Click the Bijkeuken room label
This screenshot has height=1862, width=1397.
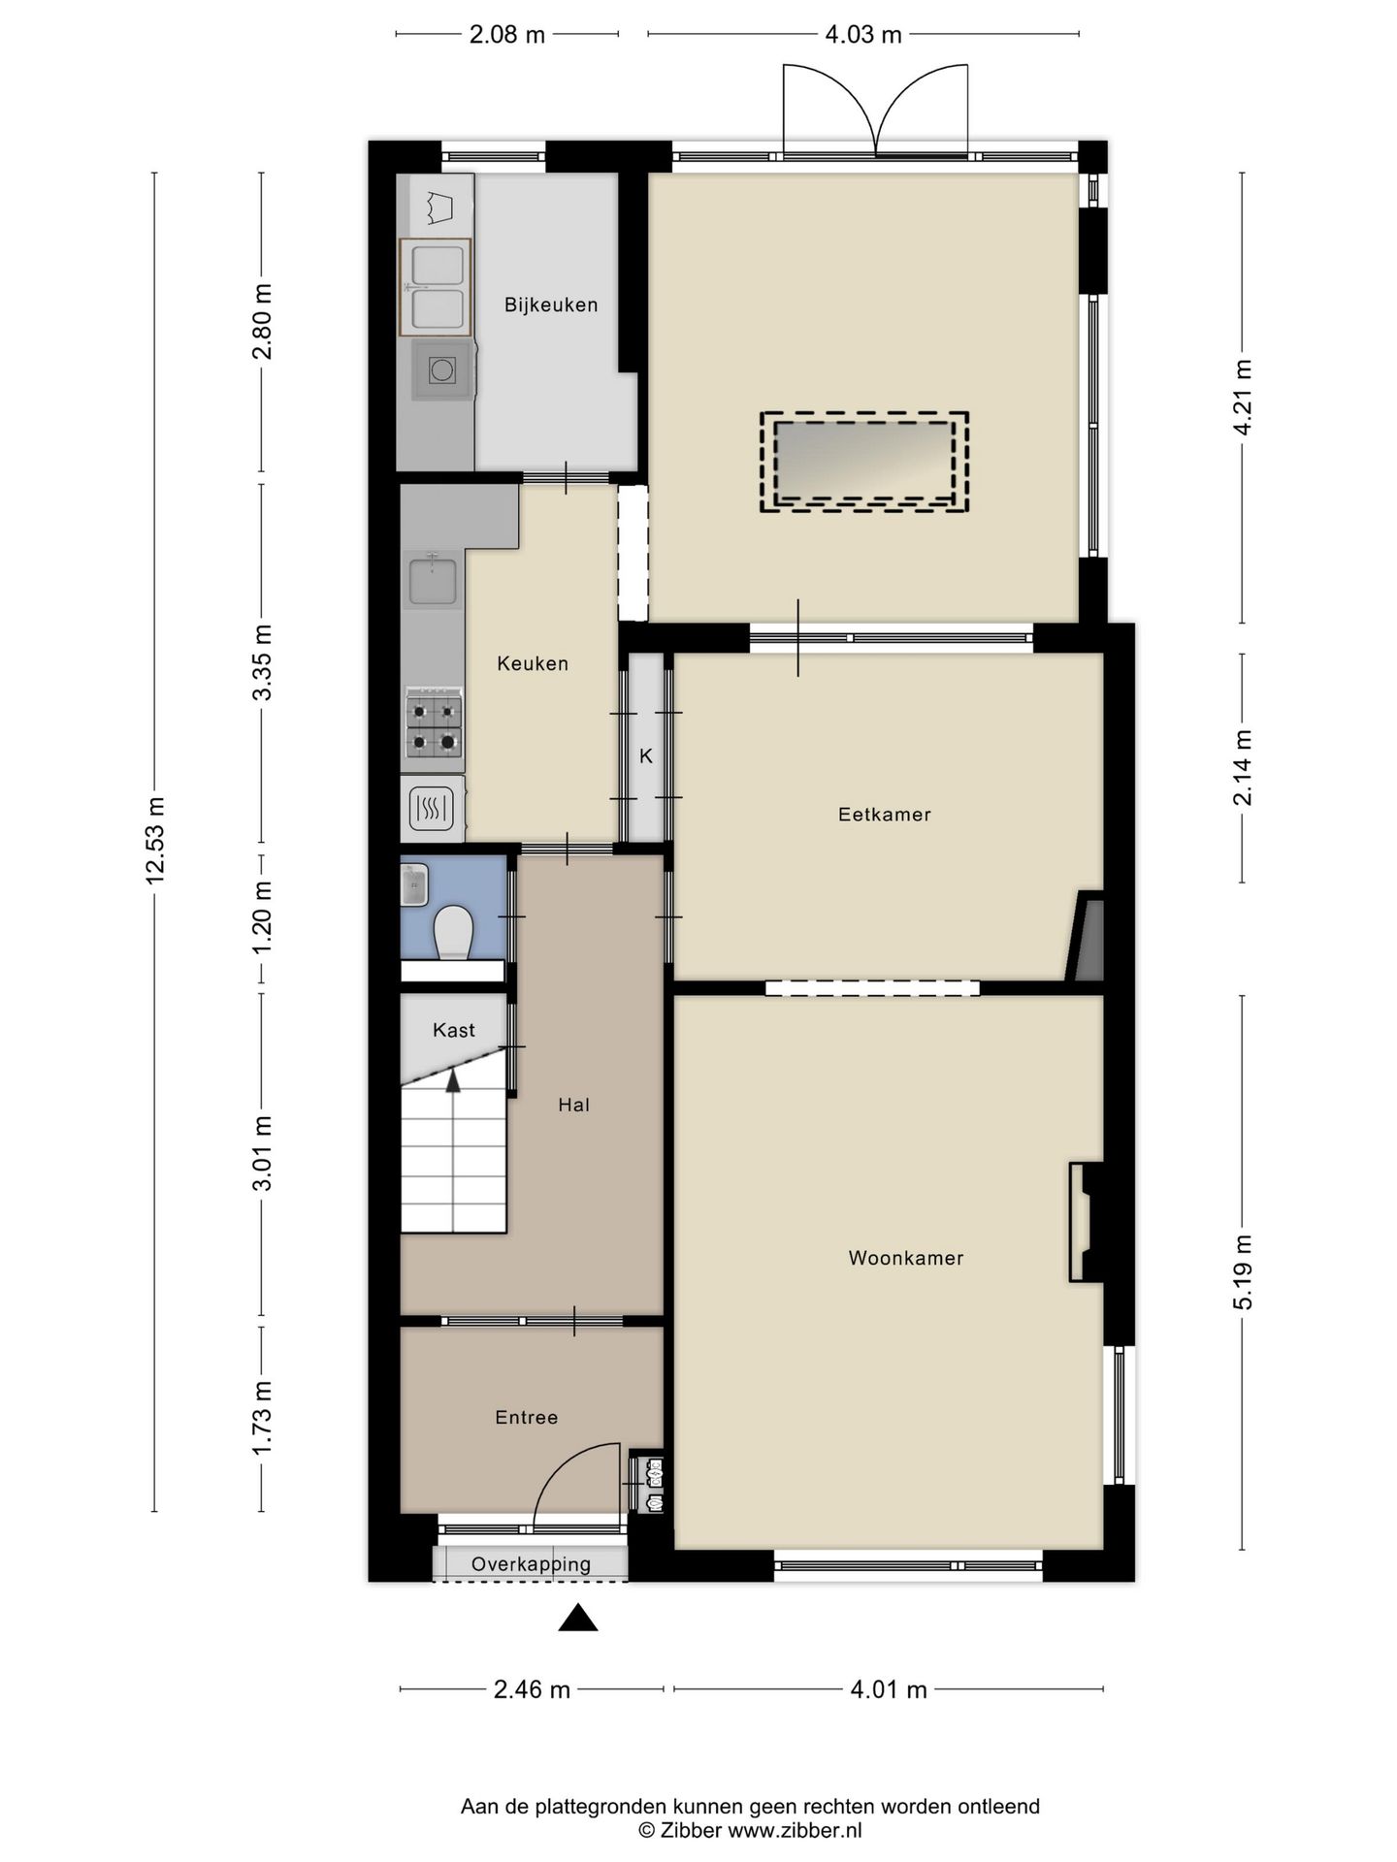[x=550, y=305]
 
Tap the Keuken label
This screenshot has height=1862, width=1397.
[x=532, y=663]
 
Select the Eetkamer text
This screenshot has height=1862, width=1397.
[x=884, y=815]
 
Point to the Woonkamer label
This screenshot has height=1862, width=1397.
[x=905, y=1258]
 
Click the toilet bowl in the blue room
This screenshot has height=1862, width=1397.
[x=452, y=933]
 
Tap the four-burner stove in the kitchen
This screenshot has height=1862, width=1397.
[x=434, y=726]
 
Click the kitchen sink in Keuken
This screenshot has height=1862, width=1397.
[x=432, y=580]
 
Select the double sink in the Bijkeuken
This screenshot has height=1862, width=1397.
[x=436, y=287]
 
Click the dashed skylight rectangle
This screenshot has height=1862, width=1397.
[x=863, y=462]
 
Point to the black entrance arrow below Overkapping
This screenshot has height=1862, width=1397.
[x=577, y=1618]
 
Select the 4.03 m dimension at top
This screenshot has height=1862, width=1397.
[x=862, y=36]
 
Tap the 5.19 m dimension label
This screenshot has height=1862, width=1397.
[x=1243, y=1271]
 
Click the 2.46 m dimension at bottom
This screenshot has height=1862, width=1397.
[x=532, y=1690]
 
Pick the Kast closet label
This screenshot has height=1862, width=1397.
[x=453, y=1030]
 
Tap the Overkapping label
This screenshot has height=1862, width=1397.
[x=531, y=1563]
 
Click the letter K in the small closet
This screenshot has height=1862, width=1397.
[x=645, y=755]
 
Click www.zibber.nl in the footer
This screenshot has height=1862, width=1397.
[x=795, y=1830]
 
